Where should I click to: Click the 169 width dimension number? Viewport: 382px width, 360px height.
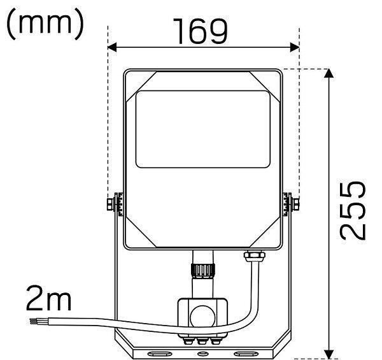pos(201,31)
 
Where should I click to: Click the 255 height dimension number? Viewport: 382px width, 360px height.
pos(353,210)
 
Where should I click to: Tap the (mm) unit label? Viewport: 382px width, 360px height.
pos(45,24)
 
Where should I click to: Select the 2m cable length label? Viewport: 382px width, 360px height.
pos(49,298)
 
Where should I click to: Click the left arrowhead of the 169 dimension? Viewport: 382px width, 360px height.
pos(112,47)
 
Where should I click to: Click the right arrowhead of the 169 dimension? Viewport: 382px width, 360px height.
pos(295,47)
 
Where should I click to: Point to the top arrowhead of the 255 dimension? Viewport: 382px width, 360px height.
pos(329,73)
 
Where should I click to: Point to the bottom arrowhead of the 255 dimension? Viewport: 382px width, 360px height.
pos(329,354)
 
